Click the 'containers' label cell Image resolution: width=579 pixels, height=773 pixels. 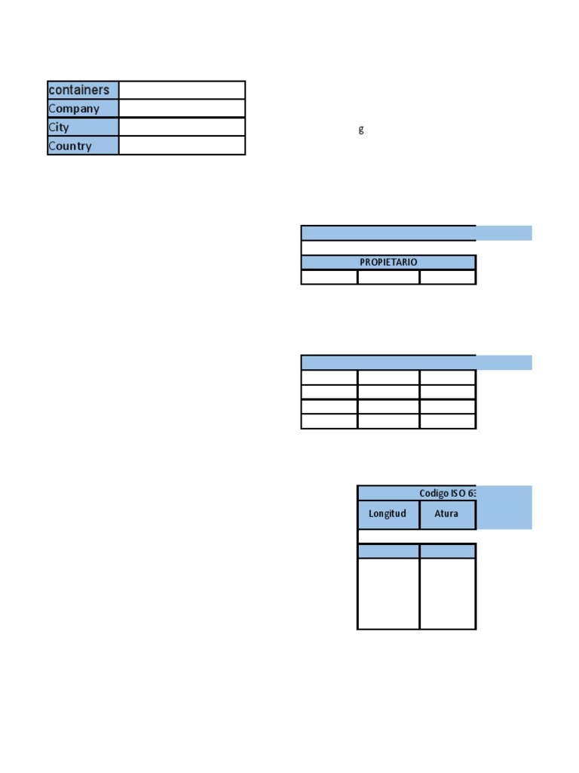[83, 90]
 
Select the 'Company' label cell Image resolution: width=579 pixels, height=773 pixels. [83, 109]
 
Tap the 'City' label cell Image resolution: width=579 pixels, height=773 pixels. [83, 128]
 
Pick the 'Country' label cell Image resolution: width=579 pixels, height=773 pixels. [83, 146]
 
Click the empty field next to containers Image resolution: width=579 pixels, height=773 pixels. [182, 90]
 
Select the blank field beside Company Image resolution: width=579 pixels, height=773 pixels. [182, 109]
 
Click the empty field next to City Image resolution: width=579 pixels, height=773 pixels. [182, 127]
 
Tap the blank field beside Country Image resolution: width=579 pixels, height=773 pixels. [182, 146]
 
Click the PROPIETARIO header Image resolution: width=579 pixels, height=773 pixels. [388, 262]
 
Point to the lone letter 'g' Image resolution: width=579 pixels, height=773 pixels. [361, 129]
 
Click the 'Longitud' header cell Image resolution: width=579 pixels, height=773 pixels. [388, 514]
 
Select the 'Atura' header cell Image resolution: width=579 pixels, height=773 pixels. [447, 514]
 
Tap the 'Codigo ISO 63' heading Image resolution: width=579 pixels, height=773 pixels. [447, 493]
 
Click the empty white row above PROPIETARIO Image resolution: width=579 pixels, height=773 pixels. [388, 248]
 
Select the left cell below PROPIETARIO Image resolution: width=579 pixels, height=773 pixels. [329, 277]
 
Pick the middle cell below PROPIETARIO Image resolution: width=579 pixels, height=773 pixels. [388, 277]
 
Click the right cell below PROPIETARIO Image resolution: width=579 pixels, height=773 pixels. [448, 277]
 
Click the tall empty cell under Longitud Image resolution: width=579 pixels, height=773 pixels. [388, 593]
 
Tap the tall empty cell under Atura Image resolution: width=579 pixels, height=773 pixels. [448, 593]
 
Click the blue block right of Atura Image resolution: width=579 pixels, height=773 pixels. [504, 507]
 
